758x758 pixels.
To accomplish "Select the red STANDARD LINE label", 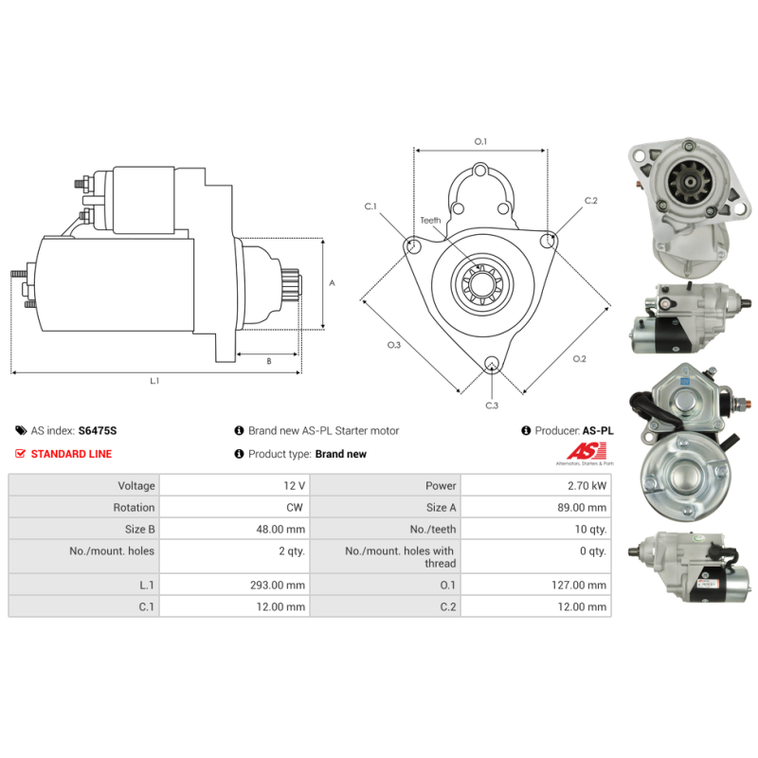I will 71,454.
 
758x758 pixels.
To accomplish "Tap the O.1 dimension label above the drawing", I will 480,142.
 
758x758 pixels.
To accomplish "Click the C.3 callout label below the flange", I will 492,406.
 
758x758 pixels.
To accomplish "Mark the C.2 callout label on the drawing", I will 591,201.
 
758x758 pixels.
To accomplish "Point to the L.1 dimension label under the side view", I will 154,381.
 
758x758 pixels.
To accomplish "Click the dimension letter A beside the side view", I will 332,283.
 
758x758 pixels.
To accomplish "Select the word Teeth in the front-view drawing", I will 431,221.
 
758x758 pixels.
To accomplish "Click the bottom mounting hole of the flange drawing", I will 492,364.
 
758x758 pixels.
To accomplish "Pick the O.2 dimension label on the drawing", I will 580,358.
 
